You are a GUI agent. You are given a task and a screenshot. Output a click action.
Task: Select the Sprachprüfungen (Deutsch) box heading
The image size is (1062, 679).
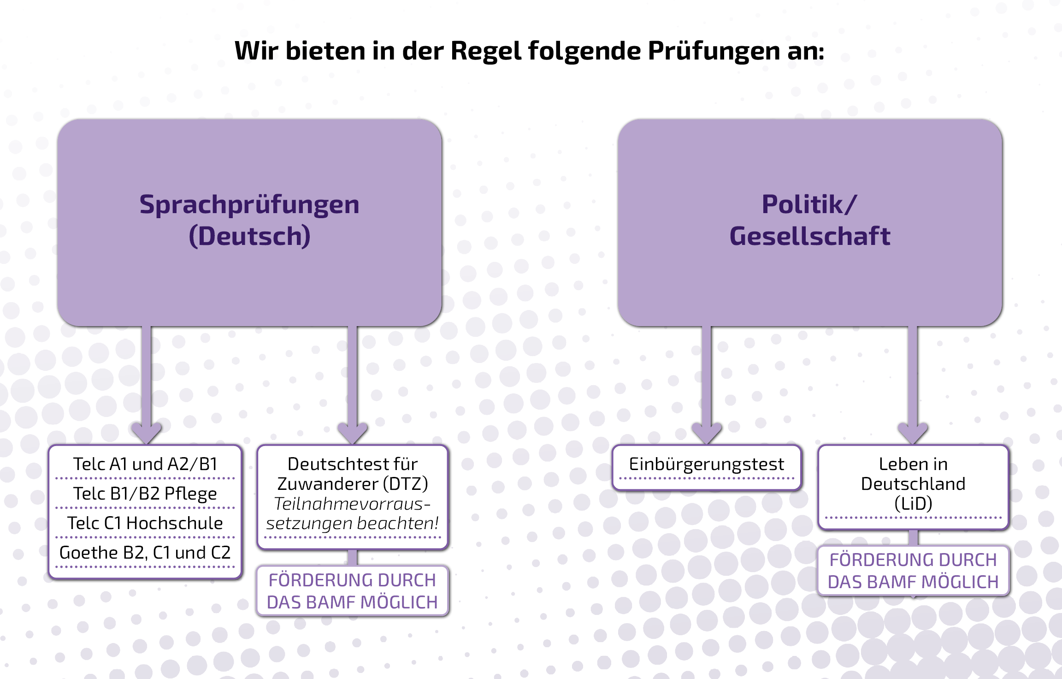pos(249,220)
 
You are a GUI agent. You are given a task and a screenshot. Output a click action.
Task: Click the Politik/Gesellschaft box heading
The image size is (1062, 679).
pos(809,220)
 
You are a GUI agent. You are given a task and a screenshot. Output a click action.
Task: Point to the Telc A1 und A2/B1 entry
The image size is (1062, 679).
pos(145,464)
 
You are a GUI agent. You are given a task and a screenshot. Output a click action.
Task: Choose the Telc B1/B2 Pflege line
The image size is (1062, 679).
pos(145,494)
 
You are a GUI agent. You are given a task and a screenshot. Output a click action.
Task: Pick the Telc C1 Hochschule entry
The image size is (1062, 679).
pos(145,523)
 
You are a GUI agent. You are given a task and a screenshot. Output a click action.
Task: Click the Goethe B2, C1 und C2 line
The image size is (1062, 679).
pos(145,553)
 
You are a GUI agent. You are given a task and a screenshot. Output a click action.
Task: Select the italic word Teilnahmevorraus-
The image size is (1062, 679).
pos(353,504)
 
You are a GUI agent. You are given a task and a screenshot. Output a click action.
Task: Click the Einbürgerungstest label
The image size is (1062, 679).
pos(707,464)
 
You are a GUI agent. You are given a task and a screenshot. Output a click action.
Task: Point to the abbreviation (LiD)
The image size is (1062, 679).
pos(913,503)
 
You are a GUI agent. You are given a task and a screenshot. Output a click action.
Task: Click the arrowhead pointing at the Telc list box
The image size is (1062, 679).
pos(146,433)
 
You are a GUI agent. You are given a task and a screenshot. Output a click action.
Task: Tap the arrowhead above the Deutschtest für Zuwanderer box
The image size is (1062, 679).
pos(353,433)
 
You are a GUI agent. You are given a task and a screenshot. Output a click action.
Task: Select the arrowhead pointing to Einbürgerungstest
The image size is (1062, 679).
pos(707,433)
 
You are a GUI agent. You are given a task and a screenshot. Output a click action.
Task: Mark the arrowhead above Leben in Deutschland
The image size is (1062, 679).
pos(913,433)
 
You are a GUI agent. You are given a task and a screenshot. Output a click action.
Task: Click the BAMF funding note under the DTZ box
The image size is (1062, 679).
pos(353,591)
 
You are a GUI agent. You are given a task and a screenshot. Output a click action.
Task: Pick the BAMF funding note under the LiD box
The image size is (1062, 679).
pos(913,571)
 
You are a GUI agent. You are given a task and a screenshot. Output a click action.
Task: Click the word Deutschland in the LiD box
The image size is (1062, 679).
pos(913,484)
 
